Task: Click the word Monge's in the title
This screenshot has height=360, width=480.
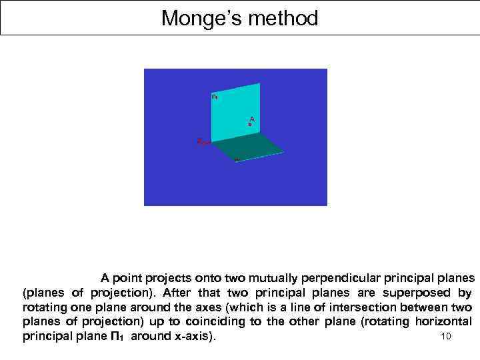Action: point(200,18)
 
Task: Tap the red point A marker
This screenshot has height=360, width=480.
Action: point(250,125)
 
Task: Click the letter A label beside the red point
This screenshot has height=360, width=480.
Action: point(252,118)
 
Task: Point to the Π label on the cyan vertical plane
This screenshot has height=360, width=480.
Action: point(214,97)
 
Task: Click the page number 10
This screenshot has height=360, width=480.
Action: point(446,336)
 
